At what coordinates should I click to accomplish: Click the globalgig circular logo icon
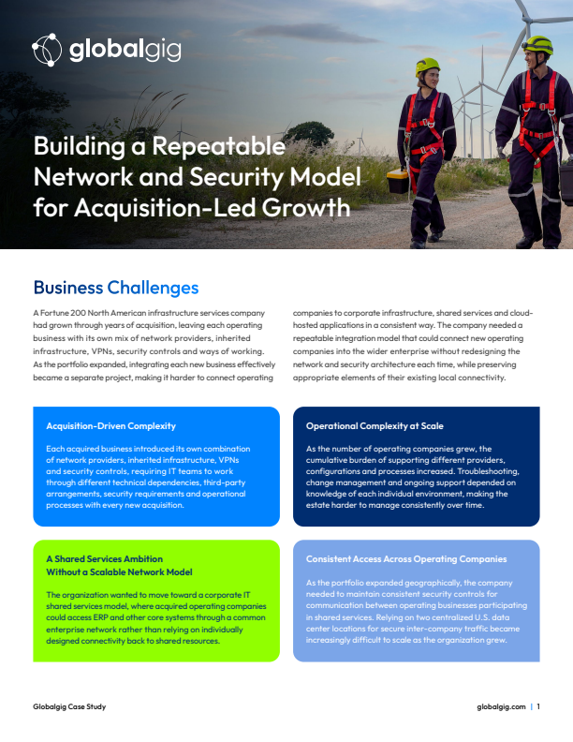coord(47,50)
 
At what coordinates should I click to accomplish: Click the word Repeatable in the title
coord(218,146)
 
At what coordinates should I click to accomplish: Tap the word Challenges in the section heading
coord(153,288)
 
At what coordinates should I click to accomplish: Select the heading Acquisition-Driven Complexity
coord(110,426)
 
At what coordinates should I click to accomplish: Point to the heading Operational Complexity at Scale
coord(375,426)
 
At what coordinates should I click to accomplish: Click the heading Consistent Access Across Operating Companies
coord(406,559)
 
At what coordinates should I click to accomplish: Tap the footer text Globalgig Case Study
coord(69,706)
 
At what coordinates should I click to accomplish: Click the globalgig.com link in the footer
coord(501,706)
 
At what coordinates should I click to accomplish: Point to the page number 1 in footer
coord(538,706)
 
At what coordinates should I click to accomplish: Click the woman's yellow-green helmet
coord(428,67)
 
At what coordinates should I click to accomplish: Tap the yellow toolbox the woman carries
coord(398,181)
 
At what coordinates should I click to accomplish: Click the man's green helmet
coord(538,45)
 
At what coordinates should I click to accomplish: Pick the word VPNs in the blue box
coord(228,460)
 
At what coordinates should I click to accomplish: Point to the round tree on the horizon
coord(310,134)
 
